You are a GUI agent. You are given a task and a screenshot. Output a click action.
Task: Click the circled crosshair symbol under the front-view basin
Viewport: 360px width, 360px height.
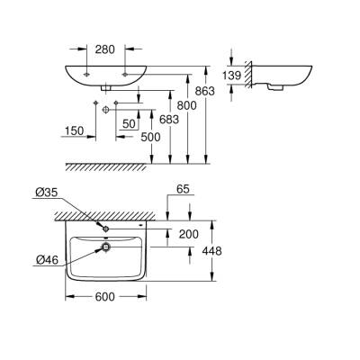click(106, 108)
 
